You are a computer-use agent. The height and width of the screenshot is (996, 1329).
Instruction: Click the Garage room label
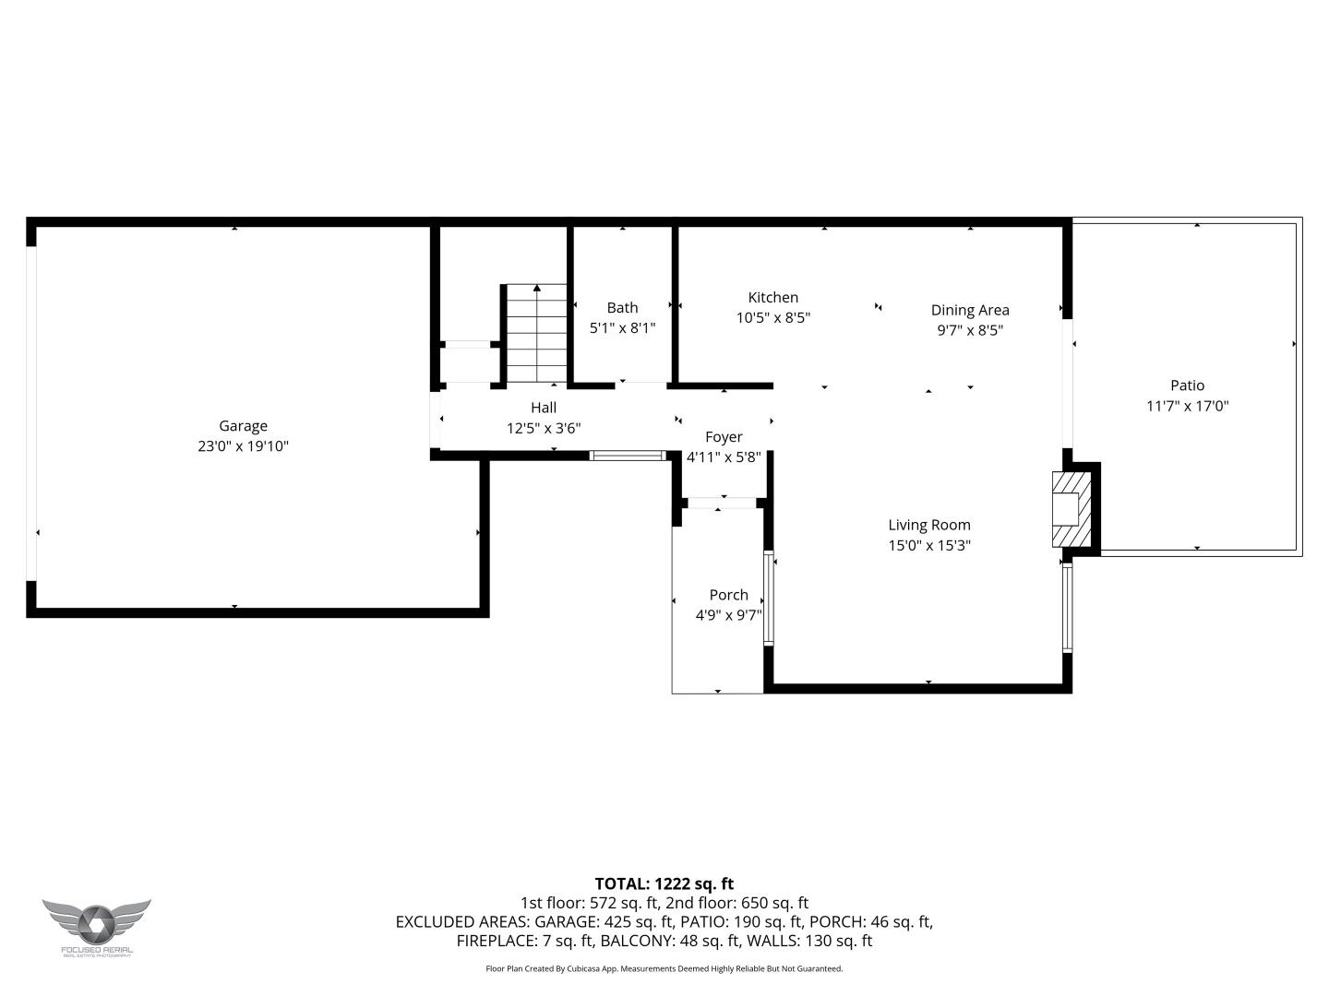point(243,426)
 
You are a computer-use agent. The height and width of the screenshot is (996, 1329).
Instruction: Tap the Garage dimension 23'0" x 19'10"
point(243,446)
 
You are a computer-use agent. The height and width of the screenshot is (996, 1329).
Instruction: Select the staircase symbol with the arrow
point(536,333)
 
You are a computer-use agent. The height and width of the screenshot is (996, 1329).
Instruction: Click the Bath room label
point(622,308)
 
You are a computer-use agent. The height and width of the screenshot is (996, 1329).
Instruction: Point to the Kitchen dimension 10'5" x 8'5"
point(772,318)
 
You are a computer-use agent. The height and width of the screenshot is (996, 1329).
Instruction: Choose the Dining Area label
point(969,311)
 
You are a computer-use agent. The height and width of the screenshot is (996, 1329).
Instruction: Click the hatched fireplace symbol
point(1071,510)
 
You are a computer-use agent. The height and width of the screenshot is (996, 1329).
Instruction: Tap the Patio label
point(1187,386)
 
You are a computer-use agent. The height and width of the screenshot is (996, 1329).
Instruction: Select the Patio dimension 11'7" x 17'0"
point(1187,407)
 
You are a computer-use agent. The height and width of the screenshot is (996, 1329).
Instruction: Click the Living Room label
point(928,526)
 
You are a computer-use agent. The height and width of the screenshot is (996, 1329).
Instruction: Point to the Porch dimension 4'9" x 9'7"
point(728,615)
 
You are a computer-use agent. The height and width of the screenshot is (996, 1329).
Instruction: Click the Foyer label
point(724,437)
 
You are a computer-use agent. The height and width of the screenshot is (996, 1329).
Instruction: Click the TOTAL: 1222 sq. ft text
point(664,883)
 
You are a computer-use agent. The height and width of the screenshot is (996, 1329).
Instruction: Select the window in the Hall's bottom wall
point(628,455)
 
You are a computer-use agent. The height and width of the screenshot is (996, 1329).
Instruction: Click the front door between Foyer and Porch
point(722,503)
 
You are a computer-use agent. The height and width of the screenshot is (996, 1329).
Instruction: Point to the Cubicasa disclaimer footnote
point(664,968)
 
